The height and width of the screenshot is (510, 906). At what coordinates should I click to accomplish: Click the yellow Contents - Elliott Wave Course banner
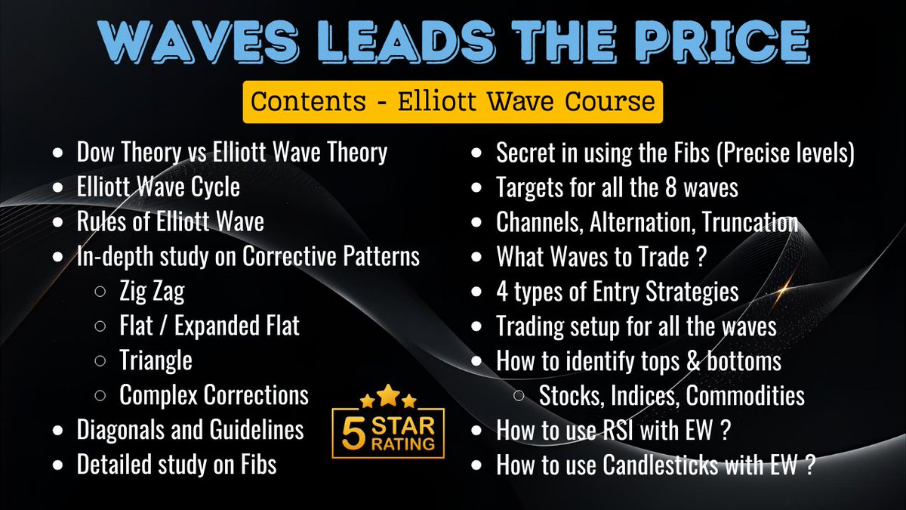452,102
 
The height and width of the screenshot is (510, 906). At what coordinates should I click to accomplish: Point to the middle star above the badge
388,394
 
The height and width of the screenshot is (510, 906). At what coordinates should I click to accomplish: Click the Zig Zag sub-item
151,291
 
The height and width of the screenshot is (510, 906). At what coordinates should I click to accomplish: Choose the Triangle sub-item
156,360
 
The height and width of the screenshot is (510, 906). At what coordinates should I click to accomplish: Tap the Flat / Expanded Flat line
209,326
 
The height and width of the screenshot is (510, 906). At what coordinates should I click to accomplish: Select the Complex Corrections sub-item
214,394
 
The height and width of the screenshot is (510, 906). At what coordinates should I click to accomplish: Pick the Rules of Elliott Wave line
171,222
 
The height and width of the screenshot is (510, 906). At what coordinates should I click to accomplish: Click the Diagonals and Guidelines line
190,429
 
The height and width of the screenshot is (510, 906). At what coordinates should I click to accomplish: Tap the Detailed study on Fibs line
177,464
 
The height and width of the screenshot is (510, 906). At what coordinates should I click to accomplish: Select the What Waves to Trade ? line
601,257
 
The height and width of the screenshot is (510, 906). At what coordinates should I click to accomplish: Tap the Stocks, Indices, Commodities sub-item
671,394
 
